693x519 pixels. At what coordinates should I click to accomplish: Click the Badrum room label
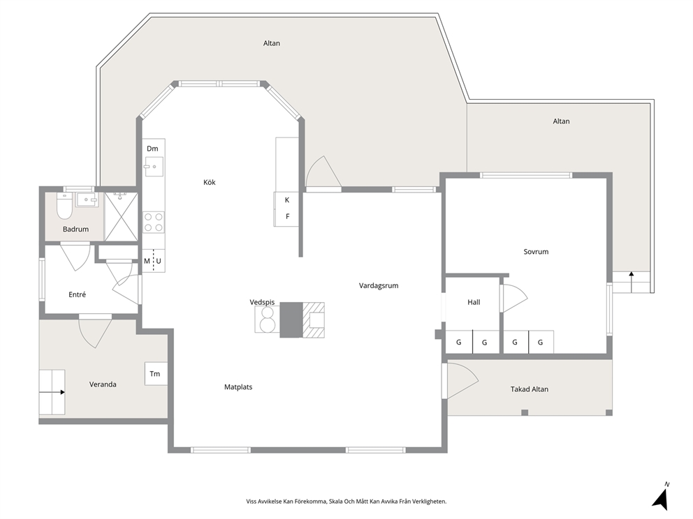pyautogui.click(x=75, y=229)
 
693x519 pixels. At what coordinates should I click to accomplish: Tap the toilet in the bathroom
pyautogui.click(x=64, y=206)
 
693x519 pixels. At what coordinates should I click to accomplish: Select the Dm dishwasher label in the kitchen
pyautogui.click(x=152, y=149)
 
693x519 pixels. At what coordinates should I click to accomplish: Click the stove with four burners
pyautogui.click(x=154, y=222)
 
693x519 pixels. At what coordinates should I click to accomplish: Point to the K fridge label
pyautogui.click(x=287, y=200)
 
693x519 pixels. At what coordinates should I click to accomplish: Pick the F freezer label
pyautogui.click(x=288, y=216)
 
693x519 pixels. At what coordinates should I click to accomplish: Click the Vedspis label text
pyautogui.click(x=262, y=302)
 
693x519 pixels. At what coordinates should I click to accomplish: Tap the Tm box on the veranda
pyautogui.click(x=156, y=374)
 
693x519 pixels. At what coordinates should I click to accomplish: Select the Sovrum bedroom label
pyautogui.click(x=536, y=252)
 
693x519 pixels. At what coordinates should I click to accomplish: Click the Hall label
pyautogui.click(x=474, y=302)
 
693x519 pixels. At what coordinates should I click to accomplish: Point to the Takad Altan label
pyautogui.click(x=530, y=389)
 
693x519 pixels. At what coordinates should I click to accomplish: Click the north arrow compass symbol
pyautogui.click(x=661, y=497)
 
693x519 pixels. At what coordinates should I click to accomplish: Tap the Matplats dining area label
pyautogui.click(x=238, y=387)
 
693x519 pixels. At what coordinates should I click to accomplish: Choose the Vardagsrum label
pyautogui.click(x=379, y=285)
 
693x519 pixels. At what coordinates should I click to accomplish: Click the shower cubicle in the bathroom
pyautogui.click(x=121, y=217)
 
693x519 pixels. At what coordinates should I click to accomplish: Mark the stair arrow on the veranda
pyautogui.click(x=52, y=392)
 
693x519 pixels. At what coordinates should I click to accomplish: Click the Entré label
pyautogui.click(x=78, y=294)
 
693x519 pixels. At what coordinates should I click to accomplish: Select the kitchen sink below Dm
pyautogui.click(x=154, y=167)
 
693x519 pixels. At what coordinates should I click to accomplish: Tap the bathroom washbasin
pyautogui.click(x=87, y=200)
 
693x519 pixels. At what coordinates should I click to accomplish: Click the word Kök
pyautogui.click(x=210, y=182)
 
